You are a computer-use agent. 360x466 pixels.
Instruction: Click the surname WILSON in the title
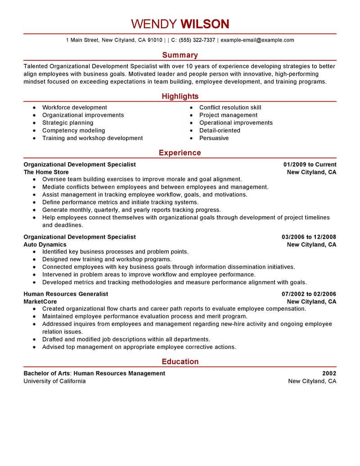click(x=205, y=23)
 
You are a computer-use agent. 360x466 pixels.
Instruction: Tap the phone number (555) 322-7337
click(x=197, y=40)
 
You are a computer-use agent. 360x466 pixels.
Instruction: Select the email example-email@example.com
click(x=257, y=40)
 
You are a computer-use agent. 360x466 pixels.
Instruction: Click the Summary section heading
click(x=180, y=55)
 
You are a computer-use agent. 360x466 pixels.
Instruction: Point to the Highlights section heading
click(x=180, y=96)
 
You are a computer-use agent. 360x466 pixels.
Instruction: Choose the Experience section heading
click(x=180, y=153)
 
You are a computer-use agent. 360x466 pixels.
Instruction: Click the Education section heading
click(x=180, y=362)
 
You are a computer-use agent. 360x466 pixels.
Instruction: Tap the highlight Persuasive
click(x=214, y=138)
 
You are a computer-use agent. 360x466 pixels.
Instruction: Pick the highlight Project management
click(x=228, y=115)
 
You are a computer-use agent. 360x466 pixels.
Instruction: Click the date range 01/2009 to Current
click(x=310, y=164)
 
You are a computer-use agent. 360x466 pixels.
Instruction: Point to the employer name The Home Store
click(x=46, y=172)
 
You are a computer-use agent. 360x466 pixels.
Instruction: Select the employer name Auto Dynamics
click(x=45, y=244)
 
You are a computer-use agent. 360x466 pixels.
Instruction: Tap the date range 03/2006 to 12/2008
click(x=309, y=237)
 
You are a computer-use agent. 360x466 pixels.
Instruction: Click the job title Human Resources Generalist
click(x=66, y=294)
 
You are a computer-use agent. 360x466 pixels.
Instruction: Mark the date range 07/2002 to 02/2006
click(x=309, y=294)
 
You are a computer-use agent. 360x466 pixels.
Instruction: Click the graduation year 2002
click(x=329, y=373)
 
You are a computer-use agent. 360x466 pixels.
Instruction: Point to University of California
click(x=54, y=381)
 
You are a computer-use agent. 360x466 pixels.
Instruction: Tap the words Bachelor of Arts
click(x=46, y=373)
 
